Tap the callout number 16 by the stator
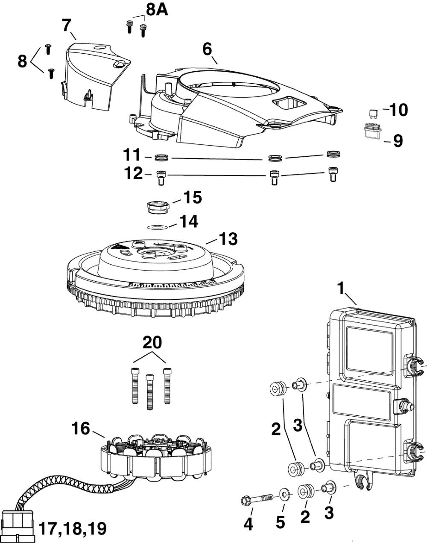pos(81,428)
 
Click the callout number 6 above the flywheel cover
pos(207,49)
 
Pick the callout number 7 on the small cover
pos(67,25)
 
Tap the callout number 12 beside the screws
pos(133,174)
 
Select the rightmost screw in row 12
pos(333,175)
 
